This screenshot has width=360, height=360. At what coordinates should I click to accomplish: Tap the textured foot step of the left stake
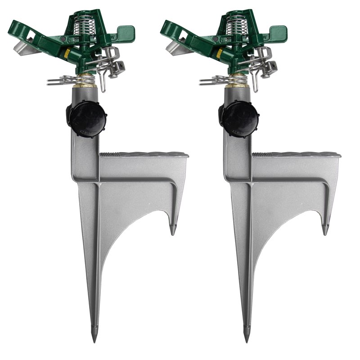point(144,154)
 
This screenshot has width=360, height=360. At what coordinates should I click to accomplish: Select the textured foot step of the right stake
point(297,154)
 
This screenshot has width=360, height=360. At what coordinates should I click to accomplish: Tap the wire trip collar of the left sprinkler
point(61,81)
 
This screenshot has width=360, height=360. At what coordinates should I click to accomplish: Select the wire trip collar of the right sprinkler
point(214,81)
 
